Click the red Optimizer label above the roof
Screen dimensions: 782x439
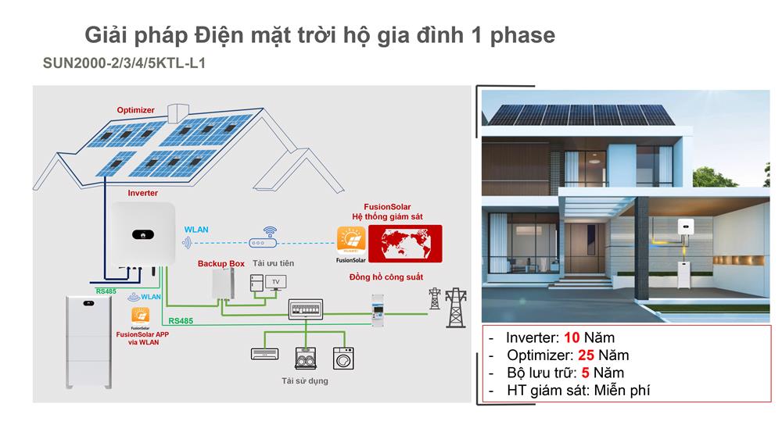tap(135, 110)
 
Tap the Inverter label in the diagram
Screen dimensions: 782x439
tap(142, 193)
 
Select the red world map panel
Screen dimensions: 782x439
tap(405, 243)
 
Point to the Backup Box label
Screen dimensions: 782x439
tap(221, 263)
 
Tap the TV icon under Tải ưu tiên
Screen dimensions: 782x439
tap(276, 283)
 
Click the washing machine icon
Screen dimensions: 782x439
tap(343, 358)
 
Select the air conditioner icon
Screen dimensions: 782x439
tap(265, 354)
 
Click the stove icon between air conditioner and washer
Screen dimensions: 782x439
tap(305, 358)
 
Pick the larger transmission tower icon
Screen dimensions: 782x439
tap(456, 308)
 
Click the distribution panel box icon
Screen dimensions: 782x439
tap(306, 309)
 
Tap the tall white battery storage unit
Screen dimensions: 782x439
tap(89, 342)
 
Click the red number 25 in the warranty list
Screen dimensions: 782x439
tap(586, 355)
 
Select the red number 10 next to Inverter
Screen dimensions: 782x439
tap(572, 338)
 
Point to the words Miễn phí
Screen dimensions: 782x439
tap(622, 390)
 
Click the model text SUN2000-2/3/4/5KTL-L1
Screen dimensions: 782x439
tap(124, 63)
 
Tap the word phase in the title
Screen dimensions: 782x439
tap(522, 35)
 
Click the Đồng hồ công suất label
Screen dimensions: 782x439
tap(386, 277)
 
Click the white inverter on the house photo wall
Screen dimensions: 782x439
tap(686, 227)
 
